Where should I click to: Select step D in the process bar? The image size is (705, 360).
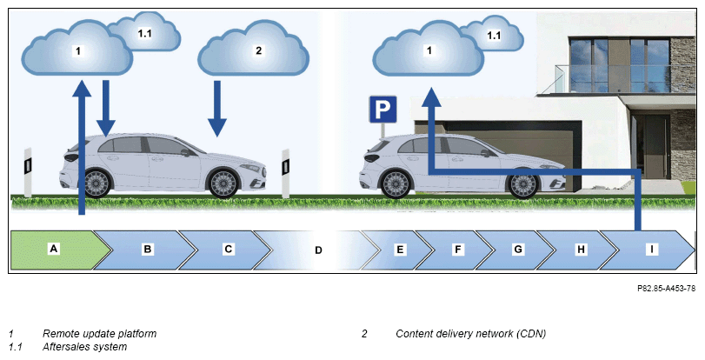pos(318,250)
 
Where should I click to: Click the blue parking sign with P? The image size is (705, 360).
pos(383,109)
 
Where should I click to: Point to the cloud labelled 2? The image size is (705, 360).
pos(254,49)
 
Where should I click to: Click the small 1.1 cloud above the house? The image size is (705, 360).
pos(492,33)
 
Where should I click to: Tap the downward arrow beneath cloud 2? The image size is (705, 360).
pos(217,109)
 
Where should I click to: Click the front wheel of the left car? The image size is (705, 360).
pos(223,183)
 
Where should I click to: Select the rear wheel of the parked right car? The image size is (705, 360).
pos(396,183)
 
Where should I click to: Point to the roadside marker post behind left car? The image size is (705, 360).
pos(28,172)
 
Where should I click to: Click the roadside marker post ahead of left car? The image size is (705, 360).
pos(285,173)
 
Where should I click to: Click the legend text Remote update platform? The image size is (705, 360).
pos(99,334)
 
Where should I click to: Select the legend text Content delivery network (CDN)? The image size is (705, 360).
pos(471,334)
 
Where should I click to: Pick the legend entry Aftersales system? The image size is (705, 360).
pos(84,347)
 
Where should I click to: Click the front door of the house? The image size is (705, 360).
pos(649,147)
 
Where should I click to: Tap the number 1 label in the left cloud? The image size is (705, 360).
pos(78,50)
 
